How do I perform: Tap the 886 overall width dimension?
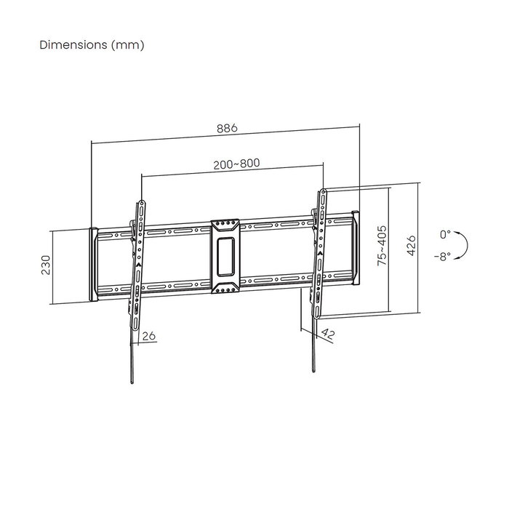(226, 128)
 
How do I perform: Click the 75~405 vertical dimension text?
(381, 248)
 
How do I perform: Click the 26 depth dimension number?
(148, 335)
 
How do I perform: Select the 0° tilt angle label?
(445, 234)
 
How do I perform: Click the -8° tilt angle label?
(443, 256)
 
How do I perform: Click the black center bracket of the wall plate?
(225, 257)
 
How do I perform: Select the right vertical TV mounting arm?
(318, 254)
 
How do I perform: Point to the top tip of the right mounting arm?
(323, 191)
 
